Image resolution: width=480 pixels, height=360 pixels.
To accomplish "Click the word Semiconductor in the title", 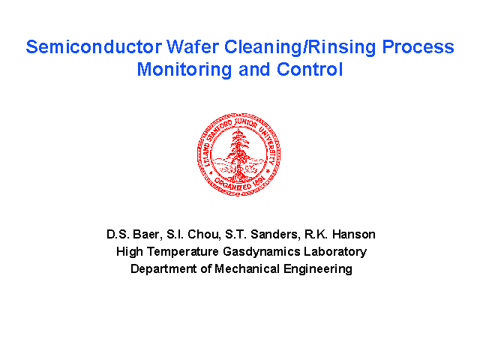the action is point(94,46).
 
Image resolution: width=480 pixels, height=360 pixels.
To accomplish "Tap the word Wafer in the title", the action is point(193,46).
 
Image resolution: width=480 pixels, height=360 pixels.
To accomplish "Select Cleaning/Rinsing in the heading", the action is point(300,48).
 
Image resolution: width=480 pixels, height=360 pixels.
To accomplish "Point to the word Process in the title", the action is point(418,46).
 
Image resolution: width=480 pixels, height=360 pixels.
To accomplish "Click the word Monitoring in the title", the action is point(184,70).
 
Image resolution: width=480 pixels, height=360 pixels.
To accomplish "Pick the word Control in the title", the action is point(310,69).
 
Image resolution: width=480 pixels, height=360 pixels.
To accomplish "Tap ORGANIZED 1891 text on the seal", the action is point(238,184).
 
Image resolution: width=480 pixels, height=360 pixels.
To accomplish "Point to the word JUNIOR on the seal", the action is point(245,123).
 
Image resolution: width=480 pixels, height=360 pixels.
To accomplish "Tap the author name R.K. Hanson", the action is point(340,235).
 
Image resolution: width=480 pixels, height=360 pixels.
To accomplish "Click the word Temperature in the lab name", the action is point(183,252).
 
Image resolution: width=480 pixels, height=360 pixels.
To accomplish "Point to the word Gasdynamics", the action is point(262,252).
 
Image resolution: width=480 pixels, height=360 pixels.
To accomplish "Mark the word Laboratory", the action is point(335,252).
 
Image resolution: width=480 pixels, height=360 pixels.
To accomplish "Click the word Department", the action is point(163,269).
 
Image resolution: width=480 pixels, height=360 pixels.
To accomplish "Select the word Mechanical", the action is point(247,268).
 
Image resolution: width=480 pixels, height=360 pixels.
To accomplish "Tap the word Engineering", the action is point(318,269).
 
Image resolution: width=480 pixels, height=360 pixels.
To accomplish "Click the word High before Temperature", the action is point(130,252).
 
